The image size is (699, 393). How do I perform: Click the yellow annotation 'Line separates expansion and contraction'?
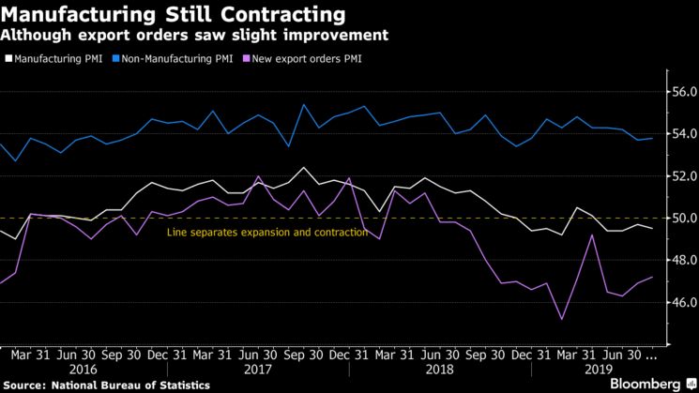click(x=267, y=233)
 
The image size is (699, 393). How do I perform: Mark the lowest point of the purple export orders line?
click(x=561, y=320)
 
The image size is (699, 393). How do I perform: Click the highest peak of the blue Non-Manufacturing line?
click(x=303, y=104)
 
